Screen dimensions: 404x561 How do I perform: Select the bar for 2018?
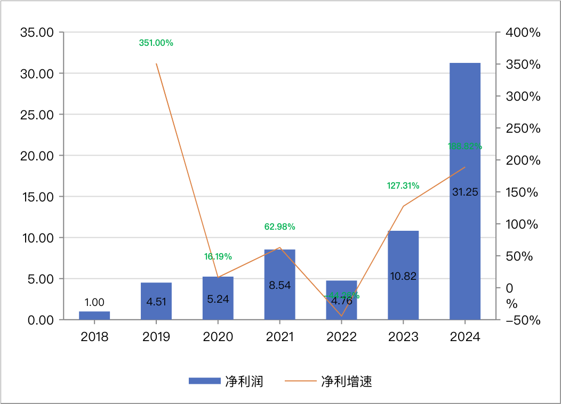pyautogui.click(x=94, y=316)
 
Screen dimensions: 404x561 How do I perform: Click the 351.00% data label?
pyautogui.click(x=156, y=43)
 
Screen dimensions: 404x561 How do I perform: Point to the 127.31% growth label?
pyautogui.click(x=403, y=186)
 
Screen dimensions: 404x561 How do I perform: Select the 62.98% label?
pyautogui.click(x=280, y=227)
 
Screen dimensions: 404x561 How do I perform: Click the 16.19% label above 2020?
pyautogui.click(x=218, y=256)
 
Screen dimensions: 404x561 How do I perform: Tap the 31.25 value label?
pyautogui.click(x=465, y=192)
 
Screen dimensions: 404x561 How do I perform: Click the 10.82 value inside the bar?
pyautogui.click(x=403, y=276)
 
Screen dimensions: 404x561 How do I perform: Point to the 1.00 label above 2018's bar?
pyautogui.click(x=94, y=302)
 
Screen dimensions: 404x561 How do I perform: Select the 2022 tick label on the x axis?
pyautogui.click(x=342, y=337)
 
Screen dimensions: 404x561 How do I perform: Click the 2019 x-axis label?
pyautogui.click(x=156, y=337)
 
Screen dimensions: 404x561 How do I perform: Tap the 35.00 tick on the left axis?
pyautogui.click(x=37, y=33)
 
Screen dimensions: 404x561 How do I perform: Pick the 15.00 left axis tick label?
pyautogui.click(x=37, y=197)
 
